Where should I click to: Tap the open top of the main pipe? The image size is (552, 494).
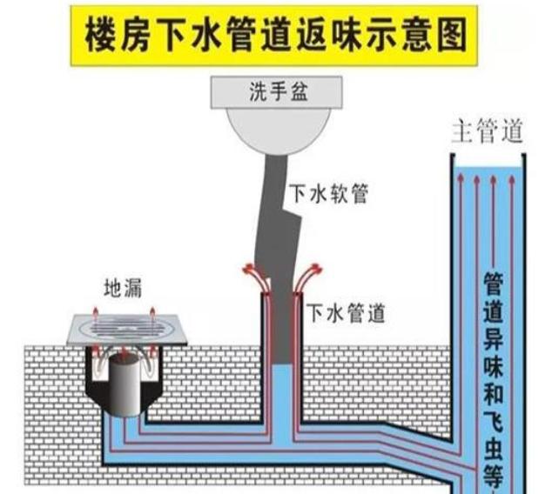coord(488,157)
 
